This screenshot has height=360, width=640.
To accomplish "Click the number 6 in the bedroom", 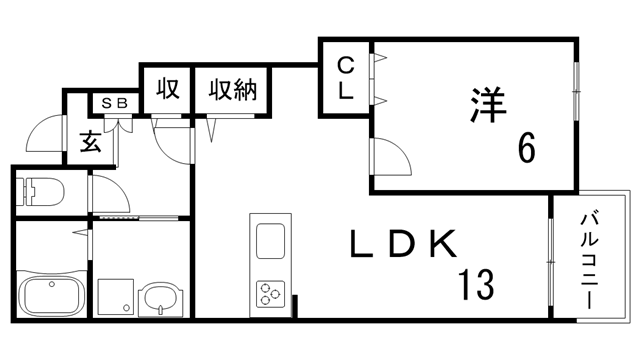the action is click(x=526, y=150).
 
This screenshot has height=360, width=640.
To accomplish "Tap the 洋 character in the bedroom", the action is click(x=487, y=104).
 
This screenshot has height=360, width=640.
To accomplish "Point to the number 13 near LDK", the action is click(x=476, y=286).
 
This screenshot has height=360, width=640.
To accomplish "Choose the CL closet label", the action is click(x=344, y=79).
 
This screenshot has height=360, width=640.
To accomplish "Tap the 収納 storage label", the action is click(x=233, y=90).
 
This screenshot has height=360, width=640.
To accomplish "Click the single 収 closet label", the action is click(x=167, y=90).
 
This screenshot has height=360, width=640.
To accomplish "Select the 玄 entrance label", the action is click(x=90, y=141).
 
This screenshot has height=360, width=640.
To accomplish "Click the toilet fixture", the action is click(x=40, y=190).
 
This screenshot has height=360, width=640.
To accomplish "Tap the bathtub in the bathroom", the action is click(x=50, y=297).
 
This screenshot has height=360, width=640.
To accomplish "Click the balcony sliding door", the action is click(x=550, y=260).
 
